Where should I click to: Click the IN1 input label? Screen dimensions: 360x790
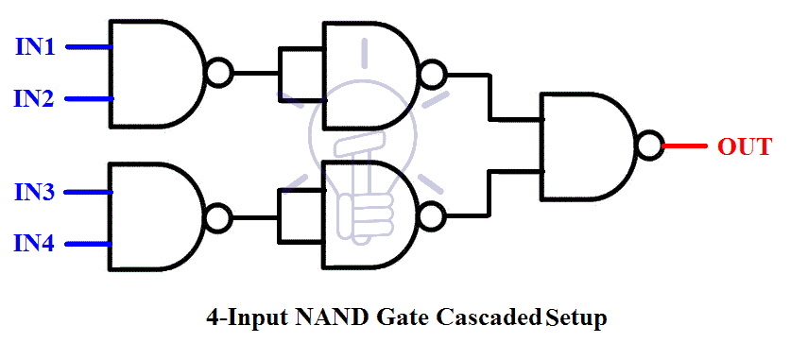pos(34,45)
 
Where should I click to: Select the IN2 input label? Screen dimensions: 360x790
pos(34,97)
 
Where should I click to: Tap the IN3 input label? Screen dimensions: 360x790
pos(34,193)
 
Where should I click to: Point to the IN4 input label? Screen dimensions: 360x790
pos(34,244)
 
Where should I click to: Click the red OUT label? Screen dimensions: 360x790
pos(745,146)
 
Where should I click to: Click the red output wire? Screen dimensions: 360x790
pos(684,146)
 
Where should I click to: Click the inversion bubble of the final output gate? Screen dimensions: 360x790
pos(648,146)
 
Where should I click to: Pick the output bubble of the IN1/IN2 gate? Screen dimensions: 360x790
pos(218,72)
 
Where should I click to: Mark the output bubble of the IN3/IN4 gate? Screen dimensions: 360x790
pos(218,218)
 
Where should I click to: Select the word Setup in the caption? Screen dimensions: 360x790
pos(575,317)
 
